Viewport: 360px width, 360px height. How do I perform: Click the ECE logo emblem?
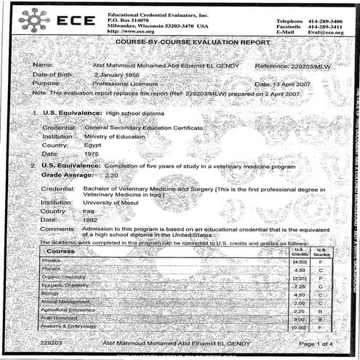[x=33, y=19]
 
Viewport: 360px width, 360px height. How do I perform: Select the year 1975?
[x=92, y=153]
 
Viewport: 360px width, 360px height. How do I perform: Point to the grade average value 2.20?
[x=111, y=176]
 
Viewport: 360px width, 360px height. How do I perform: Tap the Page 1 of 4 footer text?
[x=316, y=342]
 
